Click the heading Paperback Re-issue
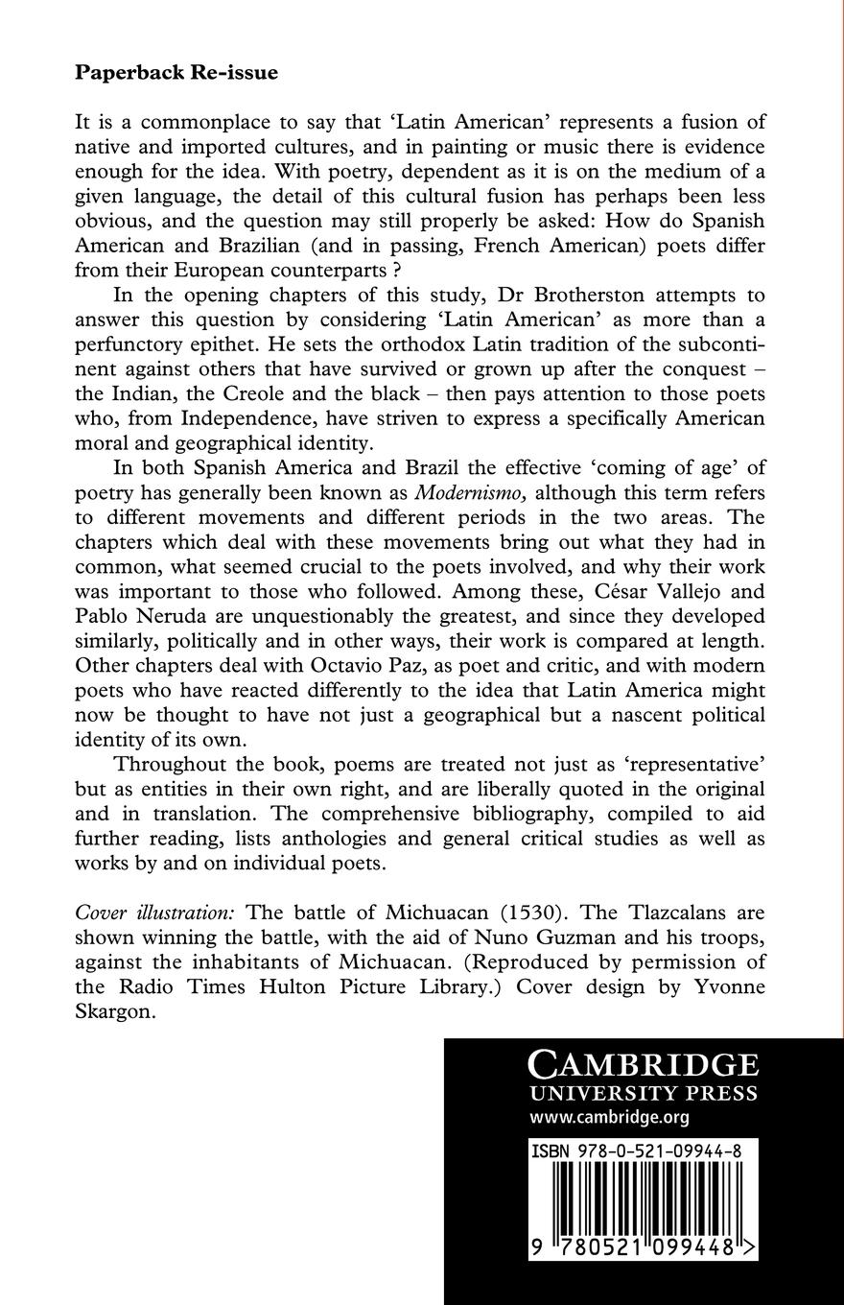pos(176,73)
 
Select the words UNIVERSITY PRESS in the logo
pos(644,1094)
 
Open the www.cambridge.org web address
pos(609,1117)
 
